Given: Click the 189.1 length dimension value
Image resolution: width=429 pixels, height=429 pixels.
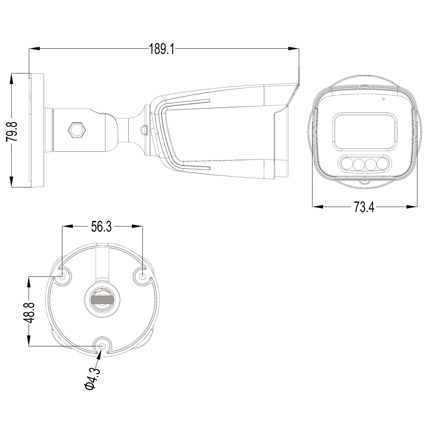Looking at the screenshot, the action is tap(161, 49).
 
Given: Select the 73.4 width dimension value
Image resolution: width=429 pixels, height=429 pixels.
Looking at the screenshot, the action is tap(364, 207).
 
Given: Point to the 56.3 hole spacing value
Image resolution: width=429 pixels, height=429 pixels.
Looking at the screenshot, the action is tap(101, 227).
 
